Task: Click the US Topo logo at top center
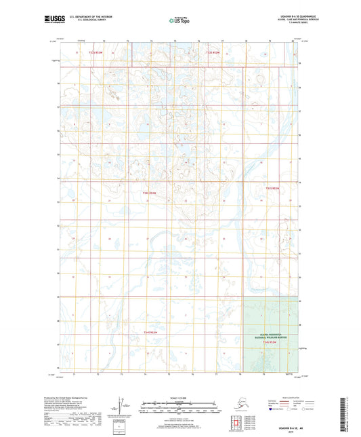click(x=179, y=20)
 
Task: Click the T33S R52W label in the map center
click(x=149, y=193)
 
